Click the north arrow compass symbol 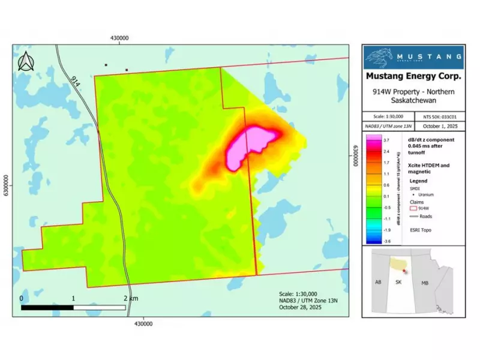(x=26, y=62)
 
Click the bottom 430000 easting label (x=143, y=323)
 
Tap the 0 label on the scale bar (x=22, y=298)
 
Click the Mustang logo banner (x=414, y=58)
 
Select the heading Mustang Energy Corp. (x=414, y=77)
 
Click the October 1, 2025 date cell (x=440, y=126)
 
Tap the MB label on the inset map (x=424, y=281)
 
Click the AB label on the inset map (x=379, y=281)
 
